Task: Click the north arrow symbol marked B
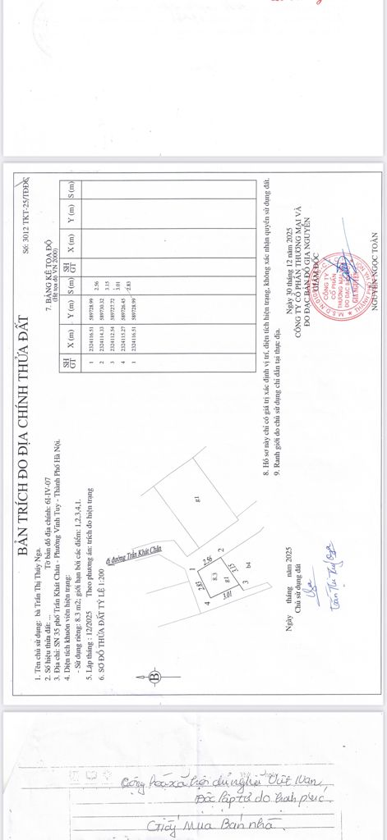[x=154, y=678]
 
